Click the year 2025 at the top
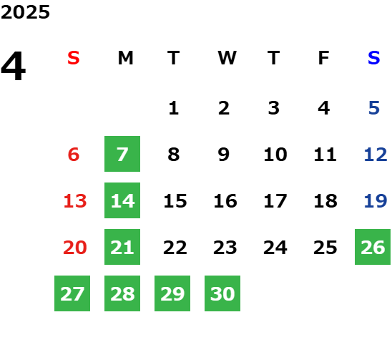(x=25, y=12)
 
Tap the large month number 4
(x=14, y=66)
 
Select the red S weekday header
(x=74, y=58)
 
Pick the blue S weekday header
(x=373, y=58)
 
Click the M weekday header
(x=125, y=58)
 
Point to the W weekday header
(x=227, y=58)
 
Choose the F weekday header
(x=323, y=58)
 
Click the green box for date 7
(x=122, y=154)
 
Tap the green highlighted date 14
(x=122, y=200)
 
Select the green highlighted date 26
(x=373, y=247)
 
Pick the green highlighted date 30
(x=222, y=293)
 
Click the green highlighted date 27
(x=72, y=293)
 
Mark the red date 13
(x=75, y=201)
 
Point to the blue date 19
(x=376, y=201)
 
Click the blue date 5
(x=374, y=108)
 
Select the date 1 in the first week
(x=174, y=108)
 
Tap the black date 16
(x=225, y=201)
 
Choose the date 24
(x=275, y=248)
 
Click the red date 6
(x=74, y=155)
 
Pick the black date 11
(x=325, y=155)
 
